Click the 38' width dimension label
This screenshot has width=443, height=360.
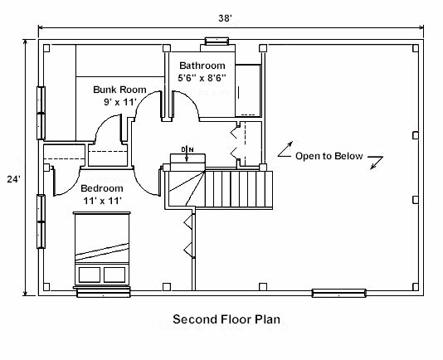pos(225,18)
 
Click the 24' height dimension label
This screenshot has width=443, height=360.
pos(13,179)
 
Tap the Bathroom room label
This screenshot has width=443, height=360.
pos(202,66)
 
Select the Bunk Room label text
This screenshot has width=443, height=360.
pos(119,90)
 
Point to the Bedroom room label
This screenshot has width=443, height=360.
pos(102,188)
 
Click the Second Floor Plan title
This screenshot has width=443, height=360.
pos(226,319)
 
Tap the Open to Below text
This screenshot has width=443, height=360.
pos(329,156)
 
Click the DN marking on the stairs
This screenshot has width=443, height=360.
pos(187,149)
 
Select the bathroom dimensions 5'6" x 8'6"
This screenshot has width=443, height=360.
pos(202,77)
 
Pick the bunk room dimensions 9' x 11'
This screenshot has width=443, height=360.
pos(120,102)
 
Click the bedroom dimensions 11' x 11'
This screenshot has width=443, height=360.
pos(103,201)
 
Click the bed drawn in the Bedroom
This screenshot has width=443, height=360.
pos(102,249)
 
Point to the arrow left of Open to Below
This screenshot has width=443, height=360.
pos(285,149)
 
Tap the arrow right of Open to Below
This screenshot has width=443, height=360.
pos(377,163)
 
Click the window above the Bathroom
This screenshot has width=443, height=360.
pos(217,41)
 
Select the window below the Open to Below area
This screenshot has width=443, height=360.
pos(339,294)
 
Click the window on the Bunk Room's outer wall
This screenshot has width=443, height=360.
pos(41,113)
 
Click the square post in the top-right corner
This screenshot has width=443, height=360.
pos(416,48)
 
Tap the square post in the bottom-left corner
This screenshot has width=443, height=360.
pos(46,287)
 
